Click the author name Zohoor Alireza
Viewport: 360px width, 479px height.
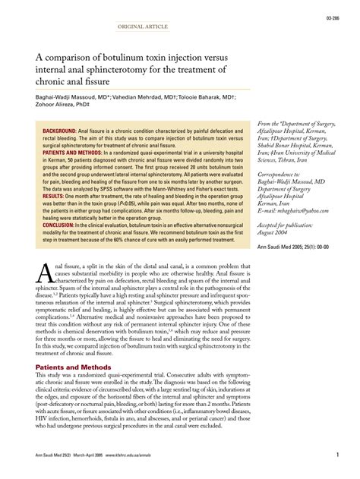tap(52, 107)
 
